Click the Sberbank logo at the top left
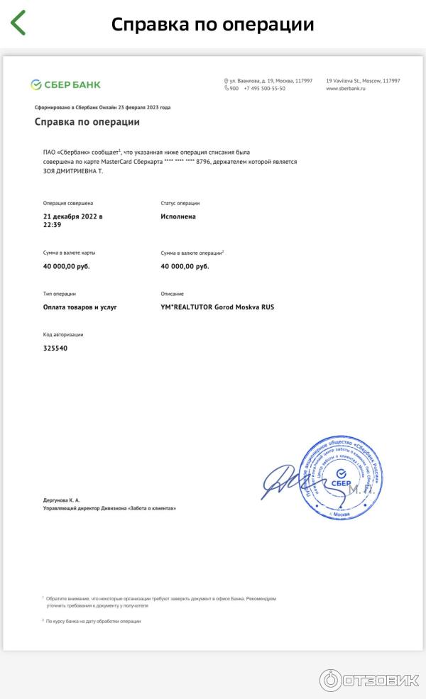(65, 84)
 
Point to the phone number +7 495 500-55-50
(264, 89)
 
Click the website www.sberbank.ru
(345, 89)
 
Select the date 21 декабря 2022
(73, 216)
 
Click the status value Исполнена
(178, 216)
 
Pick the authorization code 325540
(55, 348)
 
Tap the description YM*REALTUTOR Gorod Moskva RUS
(217, 307)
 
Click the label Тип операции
(60, 294)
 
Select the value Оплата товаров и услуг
(80, 307)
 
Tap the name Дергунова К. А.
(62, 500)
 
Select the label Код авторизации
(63, 335)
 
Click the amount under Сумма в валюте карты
(67, 266)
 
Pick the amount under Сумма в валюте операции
(185, 266)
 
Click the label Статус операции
(180, 203)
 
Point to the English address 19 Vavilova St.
(363, 81)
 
